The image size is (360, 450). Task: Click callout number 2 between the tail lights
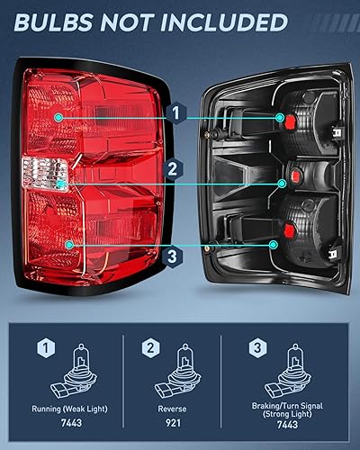[175, 168]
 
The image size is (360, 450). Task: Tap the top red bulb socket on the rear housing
[281, 118]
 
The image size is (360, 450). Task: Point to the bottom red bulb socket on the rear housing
[275, 243]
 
